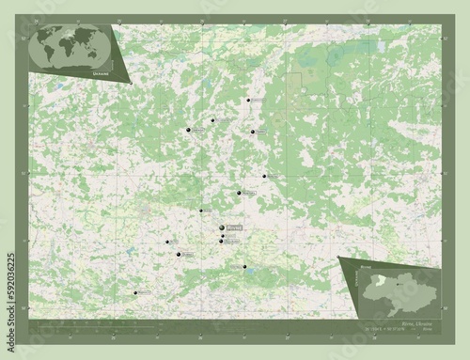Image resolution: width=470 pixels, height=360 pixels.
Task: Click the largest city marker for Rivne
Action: click(222, 228)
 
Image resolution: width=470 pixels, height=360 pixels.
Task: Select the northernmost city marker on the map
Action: click(248, 101)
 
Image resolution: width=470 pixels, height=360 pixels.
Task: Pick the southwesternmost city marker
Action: click(136, 293)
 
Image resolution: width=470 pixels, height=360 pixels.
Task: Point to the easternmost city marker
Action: click(265, 176)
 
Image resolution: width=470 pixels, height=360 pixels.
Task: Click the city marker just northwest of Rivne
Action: click(201, 211)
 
